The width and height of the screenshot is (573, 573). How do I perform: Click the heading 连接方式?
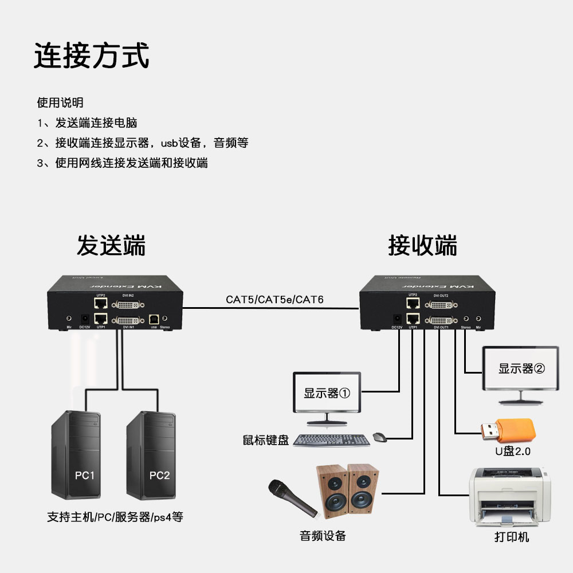click(92, 56)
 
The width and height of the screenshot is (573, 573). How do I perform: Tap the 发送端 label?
click(111, 246)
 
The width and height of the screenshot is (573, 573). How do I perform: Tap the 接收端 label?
click(422, 246)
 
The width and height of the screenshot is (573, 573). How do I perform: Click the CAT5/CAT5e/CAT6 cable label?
click(274, 299)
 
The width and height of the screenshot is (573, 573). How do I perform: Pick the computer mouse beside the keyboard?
click(379, 438)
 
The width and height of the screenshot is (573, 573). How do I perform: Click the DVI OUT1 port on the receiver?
click(441, 320)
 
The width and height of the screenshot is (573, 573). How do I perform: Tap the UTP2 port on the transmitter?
click(101, 302)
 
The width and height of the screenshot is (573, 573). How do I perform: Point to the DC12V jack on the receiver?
click(397, 319)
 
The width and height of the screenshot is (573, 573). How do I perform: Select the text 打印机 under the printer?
click(512, 537)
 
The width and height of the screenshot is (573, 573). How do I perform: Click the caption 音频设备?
click(323, 536)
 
